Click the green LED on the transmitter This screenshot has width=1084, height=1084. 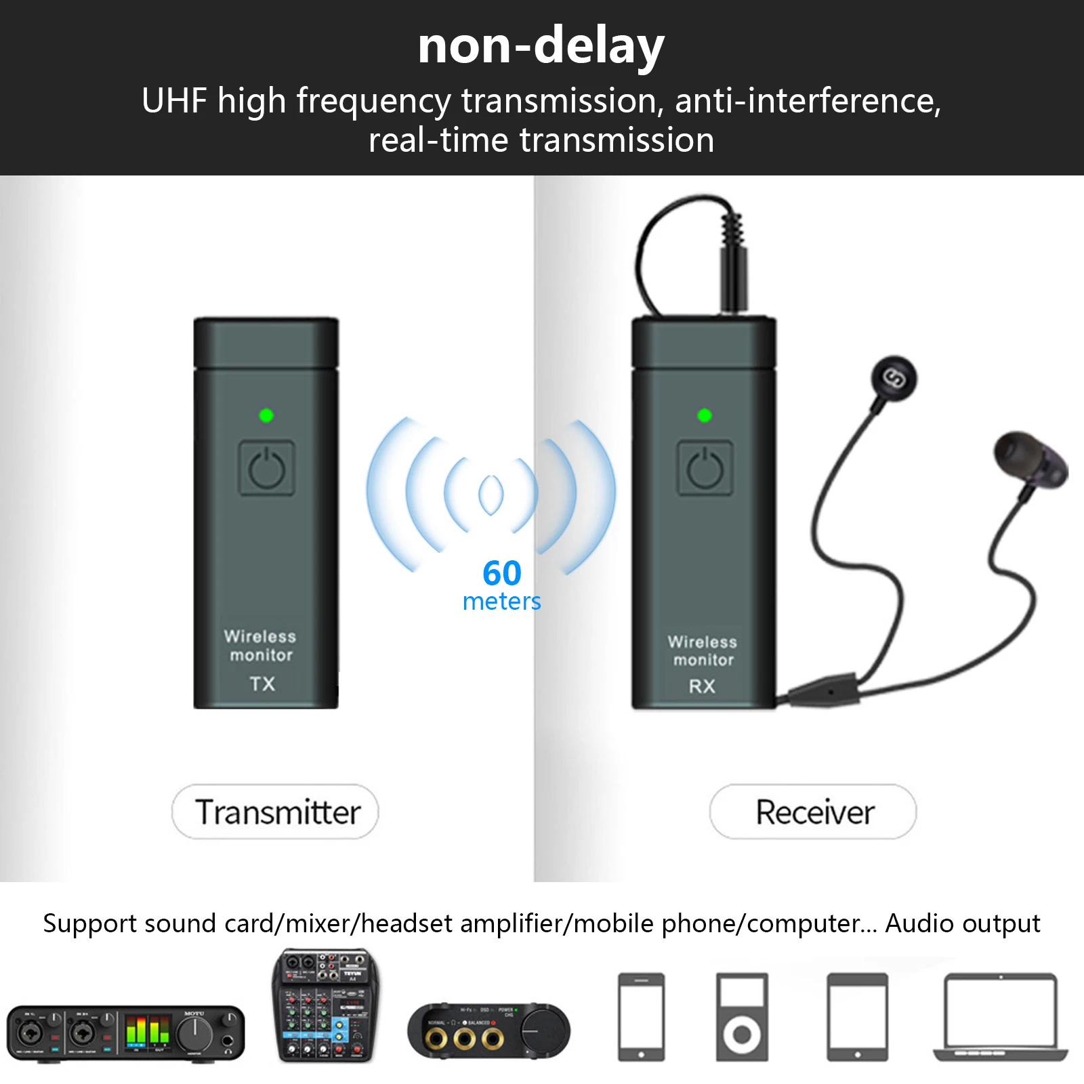tap(266, 415)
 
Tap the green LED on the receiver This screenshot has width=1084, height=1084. tap(705, 415)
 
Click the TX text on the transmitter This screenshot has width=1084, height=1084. tap(262, 684)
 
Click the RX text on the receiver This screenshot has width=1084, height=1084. tap(702, 686)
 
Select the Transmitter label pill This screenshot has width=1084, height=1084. tap(275, 812)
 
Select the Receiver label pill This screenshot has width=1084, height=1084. tap(813, 812)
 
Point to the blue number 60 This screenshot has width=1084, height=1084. tap(502, 573)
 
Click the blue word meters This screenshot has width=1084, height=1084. tap(501, 602)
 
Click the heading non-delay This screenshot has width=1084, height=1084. tap(541, 46)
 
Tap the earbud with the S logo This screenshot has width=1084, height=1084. tap(894, 378)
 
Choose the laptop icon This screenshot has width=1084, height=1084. tap(1001, 1016)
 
